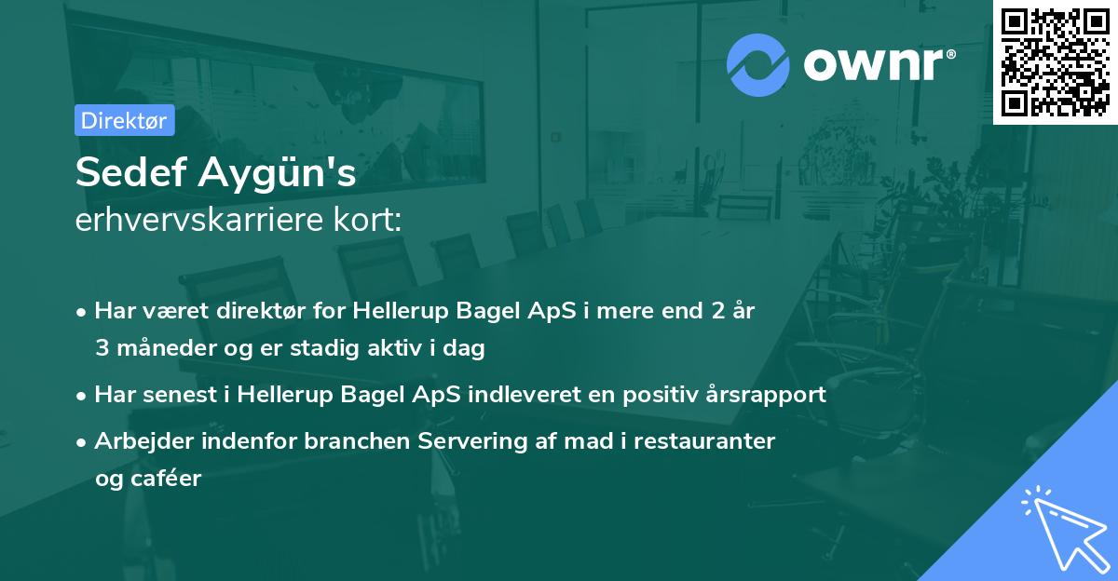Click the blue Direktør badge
coord(124,120)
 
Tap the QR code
coord(1055,62)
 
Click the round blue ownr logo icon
coord(758,64)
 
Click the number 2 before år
coord(717,310)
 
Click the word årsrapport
coord(768,394)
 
